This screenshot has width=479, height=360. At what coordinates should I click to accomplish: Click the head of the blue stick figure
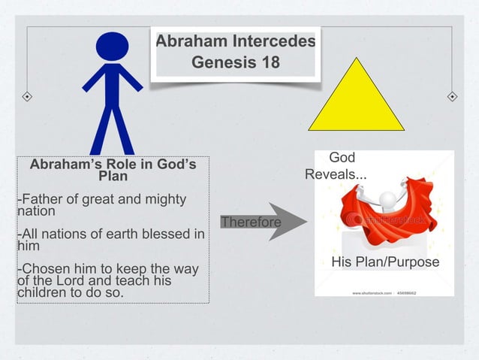coord(112,47)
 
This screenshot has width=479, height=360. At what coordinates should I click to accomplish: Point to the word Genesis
coord(221,62)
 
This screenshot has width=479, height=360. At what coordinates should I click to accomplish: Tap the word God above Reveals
coord(342,158)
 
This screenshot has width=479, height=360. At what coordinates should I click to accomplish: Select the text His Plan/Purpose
coord(385,262)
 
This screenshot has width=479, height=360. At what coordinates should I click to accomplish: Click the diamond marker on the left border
coord(26,97)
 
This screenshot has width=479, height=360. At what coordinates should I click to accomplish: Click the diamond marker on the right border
coord(452,97)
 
